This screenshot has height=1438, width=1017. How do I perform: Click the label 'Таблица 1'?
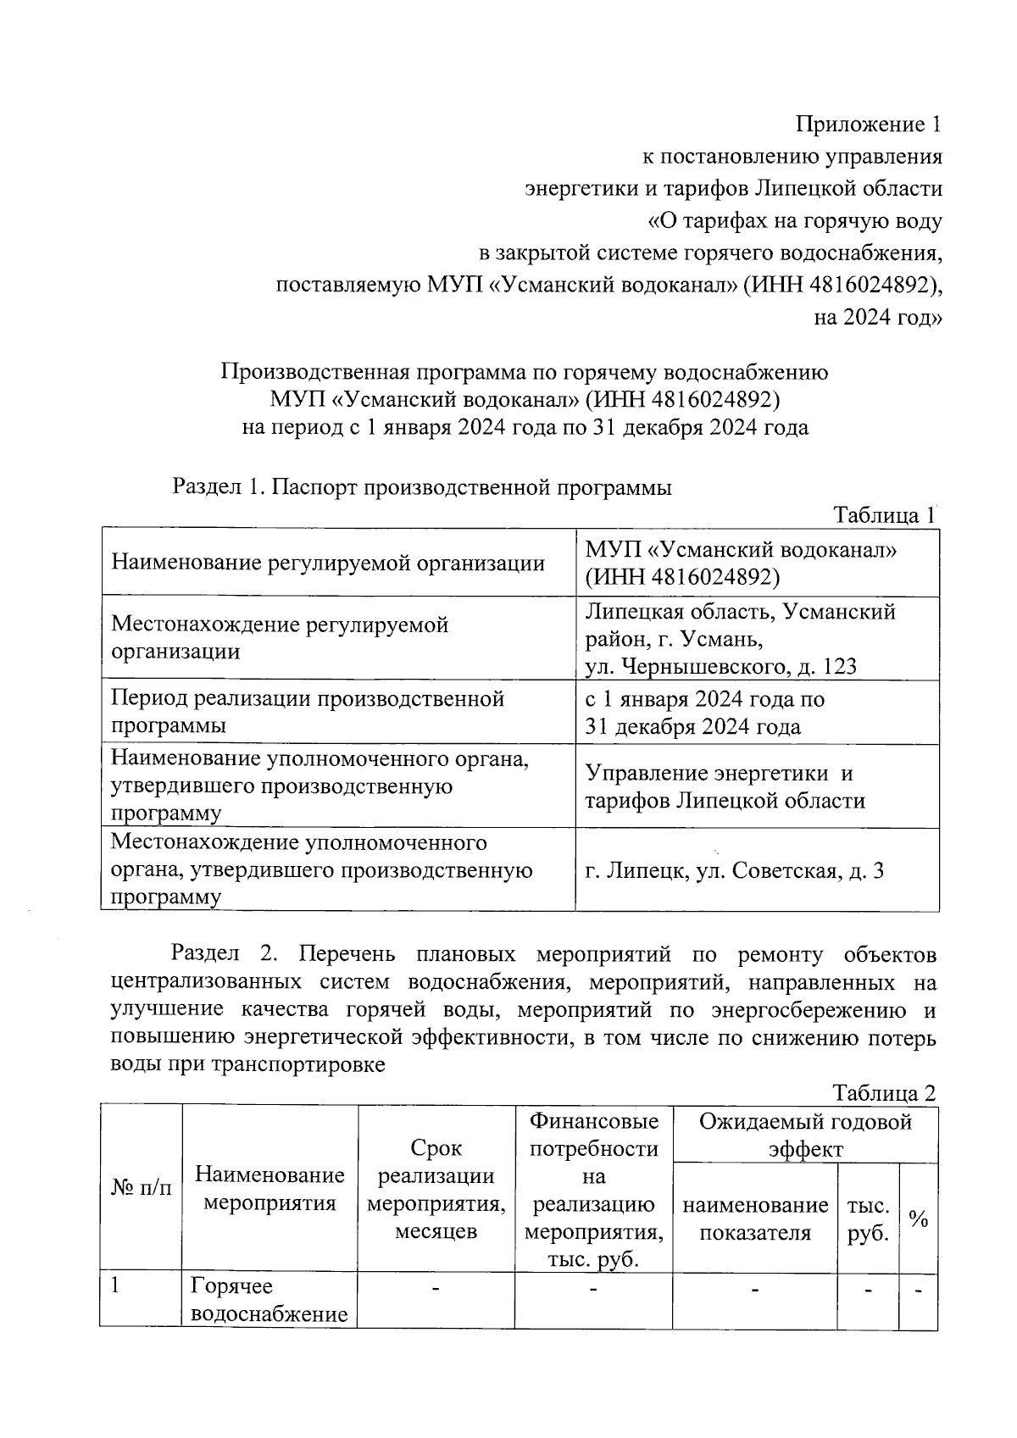[x=884, y=514]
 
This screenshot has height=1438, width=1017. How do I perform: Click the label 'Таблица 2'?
[x=884, y=1093]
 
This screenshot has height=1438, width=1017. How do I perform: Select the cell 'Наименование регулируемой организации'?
[x=328, y=563]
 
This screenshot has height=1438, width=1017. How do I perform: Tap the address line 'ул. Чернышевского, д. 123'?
[x=720, y=666]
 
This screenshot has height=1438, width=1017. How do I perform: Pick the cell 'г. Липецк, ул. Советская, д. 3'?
[x=735, y=870]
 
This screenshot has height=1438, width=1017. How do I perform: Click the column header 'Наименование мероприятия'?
[x=270, y=1188]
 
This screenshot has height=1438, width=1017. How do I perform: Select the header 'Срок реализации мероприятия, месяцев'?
[x=436, y=1188]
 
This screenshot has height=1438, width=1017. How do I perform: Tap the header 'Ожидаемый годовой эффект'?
[x=805, y=1135]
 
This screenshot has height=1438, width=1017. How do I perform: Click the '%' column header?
[x=918, y=1219]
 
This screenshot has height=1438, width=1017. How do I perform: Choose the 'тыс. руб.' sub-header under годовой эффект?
[x=868, y=1219]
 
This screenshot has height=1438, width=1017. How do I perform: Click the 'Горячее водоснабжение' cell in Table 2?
[x=270, y=1300]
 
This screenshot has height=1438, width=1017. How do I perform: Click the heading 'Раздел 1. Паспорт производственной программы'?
[x=422, y=487]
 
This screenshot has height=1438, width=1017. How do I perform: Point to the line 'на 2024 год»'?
[x=877, y=318]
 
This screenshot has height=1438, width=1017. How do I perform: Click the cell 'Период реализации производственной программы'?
[x=308, y=712]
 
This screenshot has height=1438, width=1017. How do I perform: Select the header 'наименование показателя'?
[x=755, y=1219]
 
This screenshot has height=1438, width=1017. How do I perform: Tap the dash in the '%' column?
[x=918, y=1291]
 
